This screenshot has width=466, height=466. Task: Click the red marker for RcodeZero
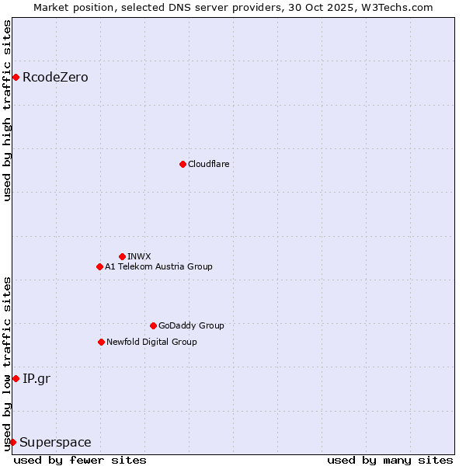16,77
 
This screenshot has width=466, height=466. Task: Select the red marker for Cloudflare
183,164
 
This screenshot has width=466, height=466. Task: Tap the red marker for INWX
122,256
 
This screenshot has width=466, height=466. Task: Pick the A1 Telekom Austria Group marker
99,266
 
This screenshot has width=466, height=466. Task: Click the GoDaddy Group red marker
153,325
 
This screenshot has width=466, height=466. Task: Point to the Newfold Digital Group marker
101,342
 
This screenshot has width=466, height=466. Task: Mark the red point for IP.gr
16,378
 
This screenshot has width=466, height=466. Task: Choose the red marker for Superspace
12,442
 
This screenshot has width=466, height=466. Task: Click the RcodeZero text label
55,77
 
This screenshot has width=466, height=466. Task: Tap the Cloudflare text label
208,164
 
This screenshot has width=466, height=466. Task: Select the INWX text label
139,256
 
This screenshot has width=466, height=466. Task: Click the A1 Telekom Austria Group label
158,266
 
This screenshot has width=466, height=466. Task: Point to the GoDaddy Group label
191,325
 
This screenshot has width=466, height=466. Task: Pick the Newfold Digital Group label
151,342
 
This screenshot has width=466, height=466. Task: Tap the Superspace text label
55,442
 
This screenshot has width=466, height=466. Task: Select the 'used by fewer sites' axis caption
80,460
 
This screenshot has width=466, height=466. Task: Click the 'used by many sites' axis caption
390,460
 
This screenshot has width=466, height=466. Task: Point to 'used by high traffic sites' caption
7,110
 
